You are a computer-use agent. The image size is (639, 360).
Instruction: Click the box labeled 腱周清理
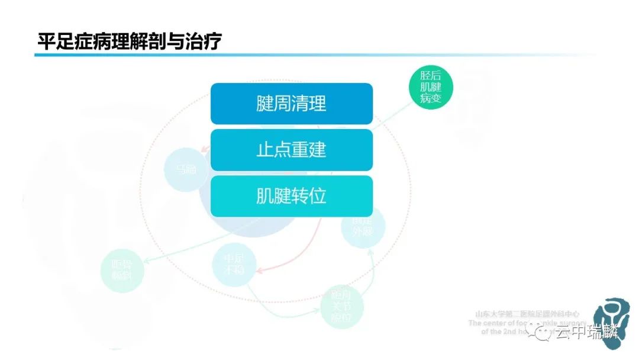[292, 104]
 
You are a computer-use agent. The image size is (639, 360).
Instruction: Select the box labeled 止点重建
[292, 150]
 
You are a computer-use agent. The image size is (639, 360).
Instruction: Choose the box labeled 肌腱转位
[292, 196]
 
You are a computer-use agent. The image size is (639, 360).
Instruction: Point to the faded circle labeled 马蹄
[185, 169]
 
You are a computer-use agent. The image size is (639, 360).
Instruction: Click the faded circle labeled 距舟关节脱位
[341, 307]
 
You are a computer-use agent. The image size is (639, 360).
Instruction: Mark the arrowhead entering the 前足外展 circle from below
[371, 251]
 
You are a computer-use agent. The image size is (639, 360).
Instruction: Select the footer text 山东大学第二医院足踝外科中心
[527, 314]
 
